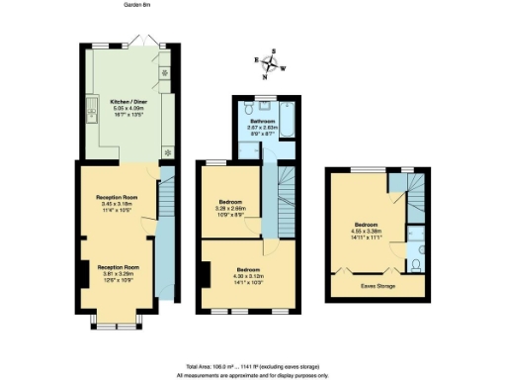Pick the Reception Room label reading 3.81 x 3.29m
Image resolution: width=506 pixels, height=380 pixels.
pyautogui.click(x=117, y=273)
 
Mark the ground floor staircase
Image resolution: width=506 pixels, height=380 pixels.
pyautogui.click(x=166, y=237)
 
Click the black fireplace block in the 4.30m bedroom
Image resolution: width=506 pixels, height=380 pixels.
pyautogui.click(x=206, y=277)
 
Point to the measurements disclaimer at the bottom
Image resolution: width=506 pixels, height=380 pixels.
pyautogui.click(x=252, y=375)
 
